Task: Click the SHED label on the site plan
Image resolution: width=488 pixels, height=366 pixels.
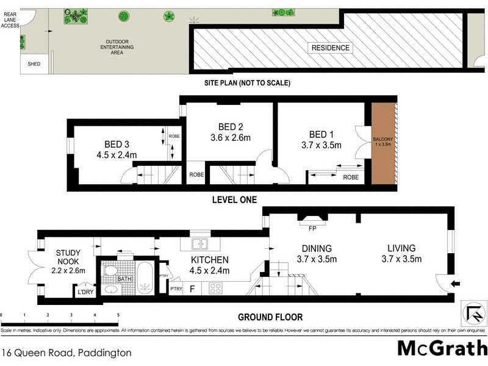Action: pyautogui.click(x=34, y=64)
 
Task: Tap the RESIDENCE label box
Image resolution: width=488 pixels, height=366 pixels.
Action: pyautogui.click(x=331, y=48)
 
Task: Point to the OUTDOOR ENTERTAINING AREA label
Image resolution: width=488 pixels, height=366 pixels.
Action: pyautogui.click(x=117, y=48)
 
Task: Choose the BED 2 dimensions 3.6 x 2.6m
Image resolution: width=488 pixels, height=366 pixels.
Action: pyautogui.click(x=227, y=138)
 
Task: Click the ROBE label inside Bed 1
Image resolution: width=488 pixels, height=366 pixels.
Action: pyautogui.click(x=350, y=177)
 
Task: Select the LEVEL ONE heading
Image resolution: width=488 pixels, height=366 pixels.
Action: pyautogui.click(x=234, y=199)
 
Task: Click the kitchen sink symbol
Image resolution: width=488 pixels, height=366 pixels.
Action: pyautogui.click(x=199, y=244)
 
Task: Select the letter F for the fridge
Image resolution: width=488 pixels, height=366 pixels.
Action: pyautogui.click(x=193, y=288)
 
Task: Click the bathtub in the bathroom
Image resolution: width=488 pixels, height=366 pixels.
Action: pyautogui.click(x=146, y=278)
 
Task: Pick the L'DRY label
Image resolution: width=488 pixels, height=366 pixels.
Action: pyautogui.click(x=85, y=292)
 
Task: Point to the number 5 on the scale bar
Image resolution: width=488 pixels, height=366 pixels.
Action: pyautogui.click(x=118, y=315)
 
